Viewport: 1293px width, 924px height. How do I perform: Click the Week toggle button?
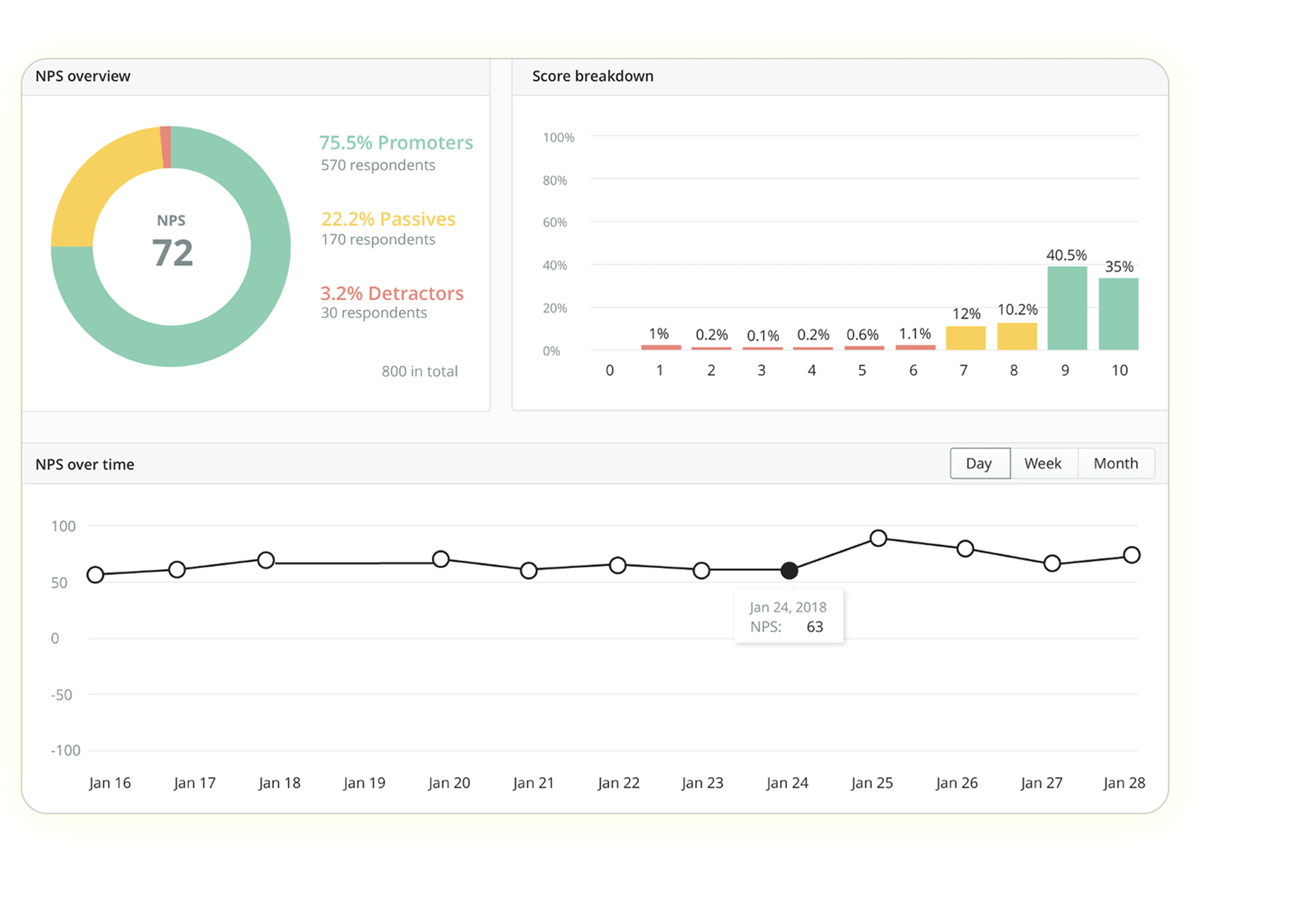click(1043, 464)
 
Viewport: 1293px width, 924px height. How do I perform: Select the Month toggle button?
click(1116, 464)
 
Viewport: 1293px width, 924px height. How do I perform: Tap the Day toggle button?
click(979, 464)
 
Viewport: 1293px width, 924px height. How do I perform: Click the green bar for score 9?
click(1067, 308)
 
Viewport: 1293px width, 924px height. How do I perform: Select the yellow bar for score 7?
click(966, 338)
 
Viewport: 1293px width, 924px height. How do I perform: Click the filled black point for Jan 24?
click(789, 570)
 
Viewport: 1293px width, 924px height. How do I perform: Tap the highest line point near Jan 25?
click(878, 538)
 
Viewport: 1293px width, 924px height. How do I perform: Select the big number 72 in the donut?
click(172, 252)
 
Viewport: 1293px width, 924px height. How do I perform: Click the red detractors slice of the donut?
click(166, 147)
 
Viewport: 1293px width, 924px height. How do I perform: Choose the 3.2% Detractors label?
click(391, 293)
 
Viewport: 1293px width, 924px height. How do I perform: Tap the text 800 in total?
click(419, 371)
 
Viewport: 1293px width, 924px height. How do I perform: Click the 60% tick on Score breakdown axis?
click(555, 222)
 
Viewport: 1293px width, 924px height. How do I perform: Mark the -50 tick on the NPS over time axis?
click(61, 695)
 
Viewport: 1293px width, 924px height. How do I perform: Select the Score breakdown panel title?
click(592, 76)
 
